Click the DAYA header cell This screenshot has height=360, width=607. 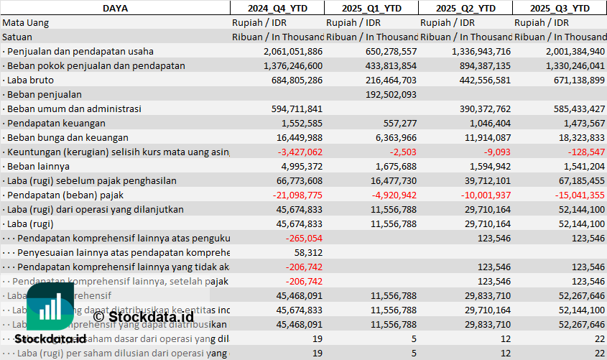tap(115, 8)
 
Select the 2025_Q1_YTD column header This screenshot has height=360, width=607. tap(371, 8)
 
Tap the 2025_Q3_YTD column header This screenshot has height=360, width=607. tap(560, 8)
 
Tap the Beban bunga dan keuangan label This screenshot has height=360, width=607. tap(68, 137)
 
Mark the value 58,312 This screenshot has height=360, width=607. tap(308, 252)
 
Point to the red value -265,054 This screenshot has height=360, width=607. tap(304, 238)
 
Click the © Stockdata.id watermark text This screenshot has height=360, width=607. tap(143, 315)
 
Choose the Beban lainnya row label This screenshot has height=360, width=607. tap(34, 166)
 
